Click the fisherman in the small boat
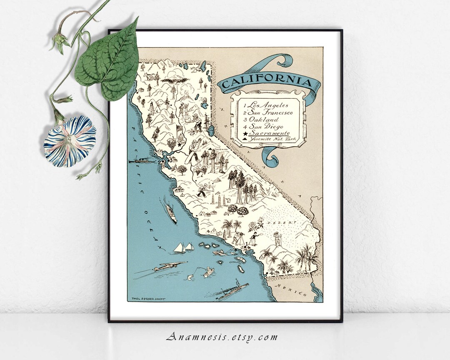(208, 272)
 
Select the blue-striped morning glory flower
(70, 141)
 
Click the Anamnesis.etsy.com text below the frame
(222, 337)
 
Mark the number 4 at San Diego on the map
(272, 272)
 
